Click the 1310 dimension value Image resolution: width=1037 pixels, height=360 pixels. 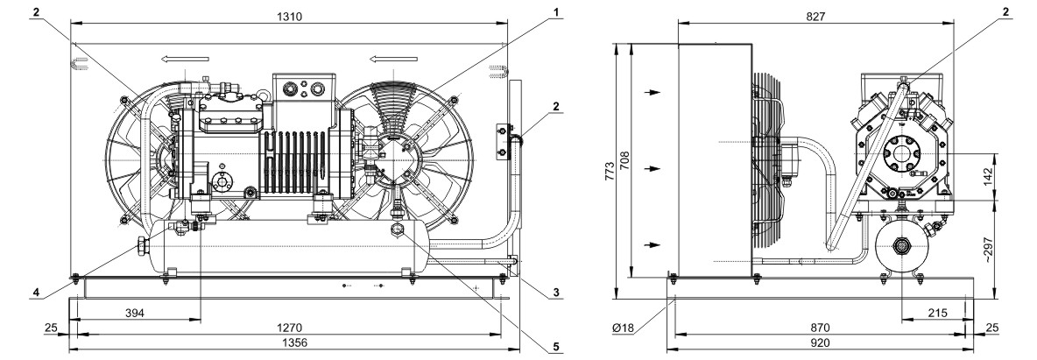pos(290,17)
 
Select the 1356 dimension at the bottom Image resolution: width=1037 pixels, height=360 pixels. pos(290,342)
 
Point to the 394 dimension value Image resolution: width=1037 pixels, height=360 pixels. pos(134,312)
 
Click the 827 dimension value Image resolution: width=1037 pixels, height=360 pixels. pos(816,17)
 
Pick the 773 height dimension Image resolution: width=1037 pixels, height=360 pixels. pos(610,171)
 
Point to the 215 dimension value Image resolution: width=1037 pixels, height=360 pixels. pos(937,313)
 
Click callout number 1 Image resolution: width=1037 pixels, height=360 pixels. pos(556,12)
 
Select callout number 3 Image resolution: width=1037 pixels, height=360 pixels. pos(556,292)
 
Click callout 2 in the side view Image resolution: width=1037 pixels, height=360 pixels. pos(1005,11)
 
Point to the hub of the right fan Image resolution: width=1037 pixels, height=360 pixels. pos(395,159)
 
